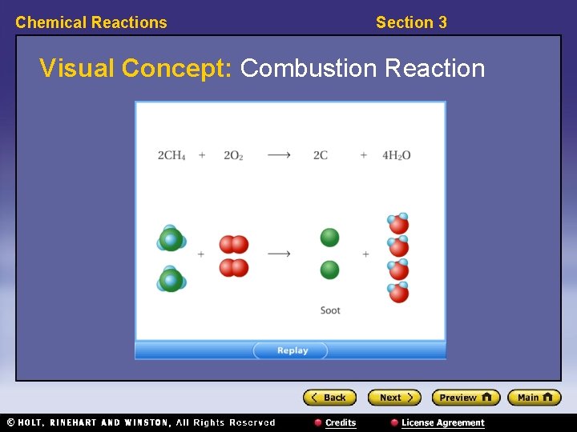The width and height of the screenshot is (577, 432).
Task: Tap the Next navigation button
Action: tap(393, 398)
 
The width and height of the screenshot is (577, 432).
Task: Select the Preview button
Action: tap(465, 398)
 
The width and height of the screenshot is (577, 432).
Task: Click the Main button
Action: tap(534, 398)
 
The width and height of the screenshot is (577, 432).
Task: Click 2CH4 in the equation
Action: tap(171, 155)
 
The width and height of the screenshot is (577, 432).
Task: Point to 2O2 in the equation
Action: tap(233, 155)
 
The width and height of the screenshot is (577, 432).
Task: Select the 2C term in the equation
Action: tap(321, 155)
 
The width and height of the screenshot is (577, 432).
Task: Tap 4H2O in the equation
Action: tap(396, 155)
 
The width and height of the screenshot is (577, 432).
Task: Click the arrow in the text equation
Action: tap(279, 155)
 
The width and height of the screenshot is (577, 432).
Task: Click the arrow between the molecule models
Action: tap(279, 254)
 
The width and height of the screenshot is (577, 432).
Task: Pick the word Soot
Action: tap(330, 310)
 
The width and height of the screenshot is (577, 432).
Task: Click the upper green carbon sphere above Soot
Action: tap(329, 238)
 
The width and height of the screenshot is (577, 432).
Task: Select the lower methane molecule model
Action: tap(171, 280)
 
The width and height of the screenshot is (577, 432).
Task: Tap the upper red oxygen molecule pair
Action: tap(234, 244)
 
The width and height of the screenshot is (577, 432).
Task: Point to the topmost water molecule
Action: tap(397, 223)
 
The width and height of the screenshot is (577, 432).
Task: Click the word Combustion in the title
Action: tap(309, 69)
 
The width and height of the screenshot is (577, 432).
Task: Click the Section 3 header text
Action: tap(411, 22)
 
